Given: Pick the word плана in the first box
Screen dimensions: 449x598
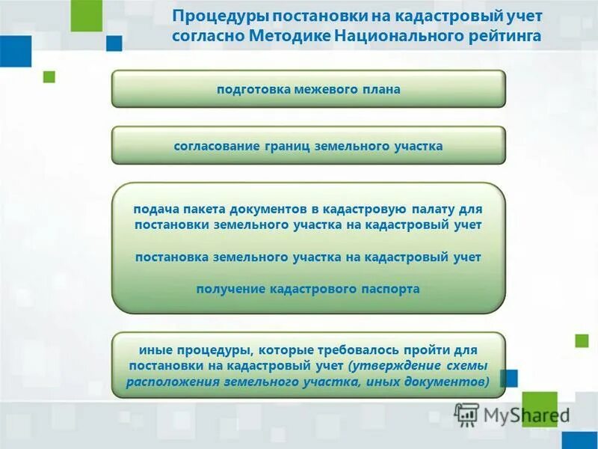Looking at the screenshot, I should tap(381, 89).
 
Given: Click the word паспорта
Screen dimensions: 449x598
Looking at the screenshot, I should tap(384, 288).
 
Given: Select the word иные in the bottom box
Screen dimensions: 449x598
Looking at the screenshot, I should tap(153, 349).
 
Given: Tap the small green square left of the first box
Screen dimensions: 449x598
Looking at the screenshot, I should tap(49, 76).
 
